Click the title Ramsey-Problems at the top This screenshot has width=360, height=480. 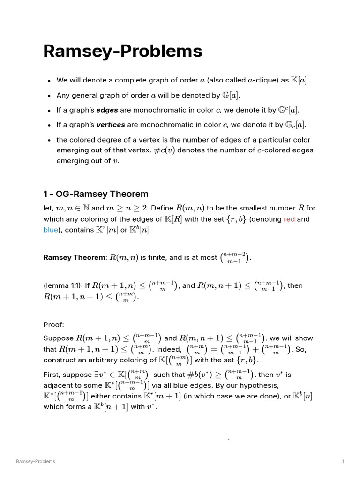click(x=122, y=51)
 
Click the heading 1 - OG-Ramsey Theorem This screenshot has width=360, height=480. click(x=96, y=194)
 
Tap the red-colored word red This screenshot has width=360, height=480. click(x=289, y=219)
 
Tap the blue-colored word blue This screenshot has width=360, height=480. click(x=51, y=230)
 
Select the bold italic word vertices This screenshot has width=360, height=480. click(x=112, y=125)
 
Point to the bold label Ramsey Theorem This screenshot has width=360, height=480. click(x=75, y=257)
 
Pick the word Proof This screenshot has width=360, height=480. click(x=53, y=324)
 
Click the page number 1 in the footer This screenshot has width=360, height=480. click(x=343, y=462)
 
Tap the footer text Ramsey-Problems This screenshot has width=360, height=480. click(x=36, y=462)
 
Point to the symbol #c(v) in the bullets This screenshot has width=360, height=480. click(x=164, y=150)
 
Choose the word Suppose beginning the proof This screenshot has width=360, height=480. click(x=59, y=338)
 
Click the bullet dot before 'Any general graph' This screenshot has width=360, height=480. click(x=49, y=96)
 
